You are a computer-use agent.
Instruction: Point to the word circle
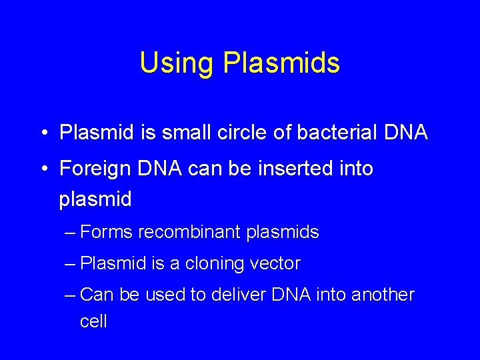pos(247,132)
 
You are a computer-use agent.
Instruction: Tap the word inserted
pos(293,169)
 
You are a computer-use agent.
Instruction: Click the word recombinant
pos(189,232)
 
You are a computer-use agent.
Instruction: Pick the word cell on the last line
pos(93,321)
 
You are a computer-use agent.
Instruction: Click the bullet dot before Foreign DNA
pos(42,169)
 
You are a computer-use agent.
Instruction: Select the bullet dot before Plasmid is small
pos(42,133)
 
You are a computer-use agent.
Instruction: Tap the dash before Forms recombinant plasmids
pos(71,233)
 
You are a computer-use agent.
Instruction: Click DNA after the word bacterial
pos(406,132)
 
